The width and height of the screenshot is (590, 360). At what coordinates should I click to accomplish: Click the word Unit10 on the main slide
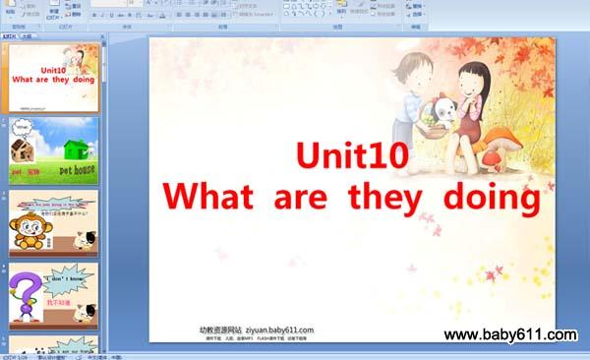pos(352,156)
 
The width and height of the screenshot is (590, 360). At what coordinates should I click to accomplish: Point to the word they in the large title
pos(383,197)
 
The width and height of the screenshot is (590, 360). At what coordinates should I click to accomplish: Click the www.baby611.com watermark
pos(509,335)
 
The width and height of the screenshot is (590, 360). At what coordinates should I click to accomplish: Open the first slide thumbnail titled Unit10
pos(54,76)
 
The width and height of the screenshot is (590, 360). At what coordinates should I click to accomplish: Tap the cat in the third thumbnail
pos(87,239)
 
